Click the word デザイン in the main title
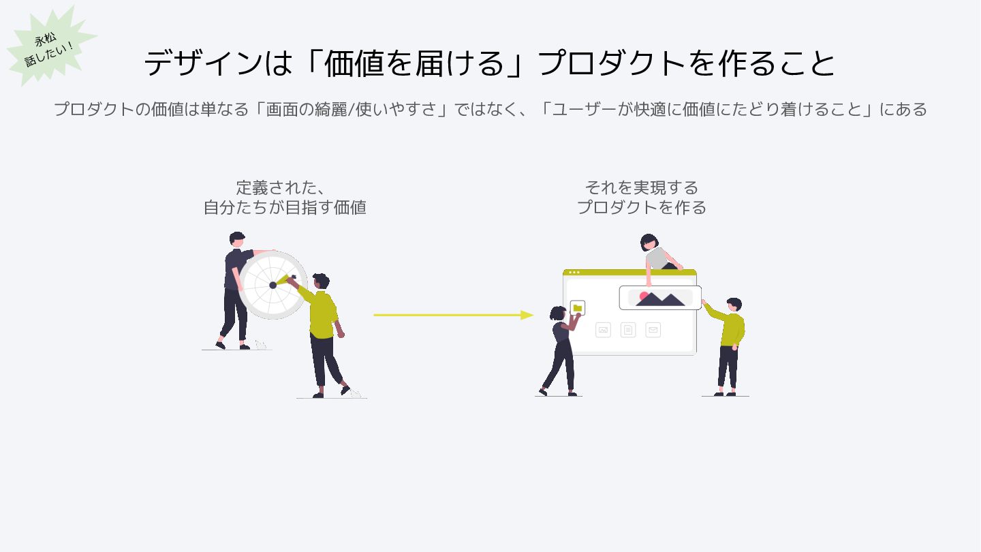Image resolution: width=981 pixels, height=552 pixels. click(203, 63)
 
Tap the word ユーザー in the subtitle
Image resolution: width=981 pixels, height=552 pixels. click(582, 109)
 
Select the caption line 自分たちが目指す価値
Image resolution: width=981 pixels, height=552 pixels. click(285, 207)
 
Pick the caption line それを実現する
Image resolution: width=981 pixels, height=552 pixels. click(641, 187)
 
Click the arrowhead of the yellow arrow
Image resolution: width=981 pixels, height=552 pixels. click(527, 315)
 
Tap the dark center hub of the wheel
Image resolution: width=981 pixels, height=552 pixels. click(273, 285)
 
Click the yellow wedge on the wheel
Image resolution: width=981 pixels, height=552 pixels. click(283, 279)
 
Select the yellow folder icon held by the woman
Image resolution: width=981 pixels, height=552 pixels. click(578, 308)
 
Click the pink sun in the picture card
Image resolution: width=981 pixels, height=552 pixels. click(643, 296)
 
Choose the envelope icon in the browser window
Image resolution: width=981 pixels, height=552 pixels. click(653, 331)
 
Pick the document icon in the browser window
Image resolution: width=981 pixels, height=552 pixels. click(628, 331)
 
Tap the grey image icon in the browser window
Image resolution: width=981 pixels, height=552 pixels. click(603, 331)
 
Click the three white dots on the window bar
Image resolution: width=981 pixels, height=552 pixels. click(574, 272)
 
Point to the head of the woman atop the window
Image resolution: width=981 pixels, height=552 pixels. click(649, 242)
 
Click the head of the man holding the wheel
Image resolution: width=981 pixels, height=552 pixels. click(237, 239)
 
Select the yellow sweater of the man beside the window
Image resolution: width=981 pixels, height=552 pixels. click(732, 327)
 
